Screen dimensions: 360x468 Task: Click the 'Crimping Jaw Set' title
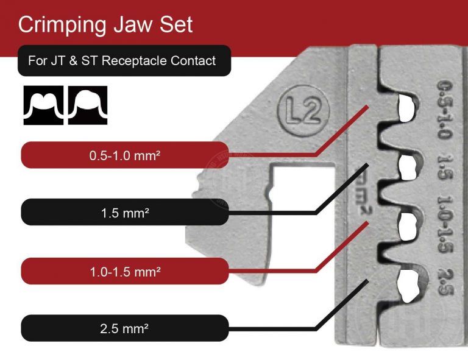tap(105, 25)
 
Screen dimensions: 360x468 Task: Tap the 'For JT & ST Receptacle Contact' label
tap(122, 61)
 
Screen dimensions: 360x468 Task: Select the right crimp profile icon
tap(88, 105)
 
